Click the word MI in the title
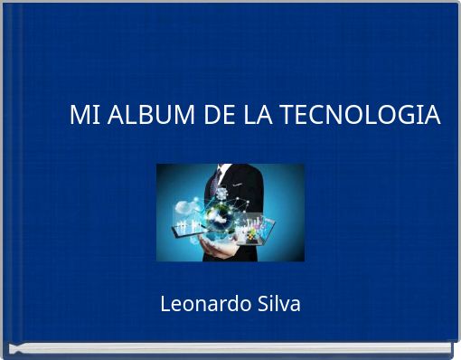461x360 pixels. [x=83, y=116]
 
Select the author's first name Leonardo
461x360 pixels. [x=198, y=304]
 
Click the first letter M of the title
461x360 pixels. [x=79, y=116]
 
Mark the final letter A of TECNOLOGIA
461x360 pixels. [x=433, y=116]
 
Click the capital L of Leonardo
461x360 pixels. [x=165, y=304]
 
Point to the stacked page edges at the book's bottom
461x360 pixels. [x=230, y=347]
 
